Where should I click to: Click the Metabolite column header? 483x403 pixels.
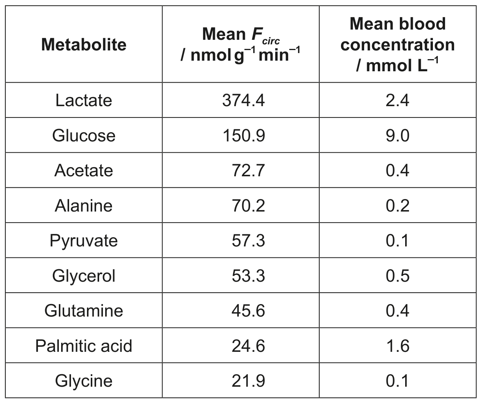(x=84, y=45)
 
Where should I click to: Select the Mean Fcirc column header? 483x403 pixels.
(x=241, y=45)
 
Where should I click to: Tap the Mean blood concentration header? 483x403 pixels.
(x=398, y=45)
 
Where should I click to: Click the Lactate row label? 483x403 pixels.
(x=84, y=100)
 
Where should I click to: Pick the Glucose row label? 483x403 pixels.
(x=84, y=135)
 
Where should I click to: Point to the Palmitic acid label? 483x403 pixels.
(x=84, y=346)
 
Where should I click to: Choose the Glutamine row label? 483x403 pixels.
(x=84, y=310)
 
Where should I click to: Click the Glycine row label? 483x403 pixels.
(x=84, y=381)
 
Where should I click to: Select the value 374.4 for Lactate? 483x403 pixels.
(x=243, y=100)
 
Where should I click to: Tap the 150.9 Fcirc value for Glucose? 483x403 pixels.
(x=244, y=135)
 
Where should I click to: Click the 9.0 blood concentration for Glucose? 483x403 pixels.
(x=398, y=135)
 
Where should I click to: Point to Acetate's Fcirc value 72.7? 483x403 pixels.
(x=248, y=171)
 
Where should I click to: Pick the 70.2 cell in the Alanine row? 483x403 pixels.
(x=248, y=205)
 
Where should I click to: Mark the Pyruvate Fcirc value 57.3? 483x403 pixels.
(x=248, y=241)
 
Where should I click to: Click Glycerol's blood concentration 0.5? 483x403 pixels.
(x=398, y=276)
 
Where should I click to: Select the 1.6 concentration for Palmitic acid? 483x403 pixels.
(x=398, y=346)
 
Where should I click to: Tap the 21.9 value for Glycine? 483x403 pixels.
(x=248, y=381)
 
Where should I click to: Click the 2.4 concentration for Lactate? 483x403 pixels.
(x=398, y=100)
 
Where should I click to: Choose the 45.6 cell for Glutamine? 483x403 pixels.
(x=248, y=310)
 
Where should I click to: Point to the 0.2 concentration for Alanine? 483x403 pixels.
(x=398, y=205)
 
